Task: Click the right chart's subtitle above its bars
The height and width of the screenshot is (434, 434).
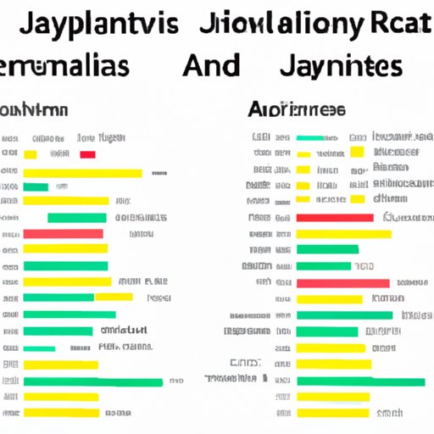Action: [x=297, y=109]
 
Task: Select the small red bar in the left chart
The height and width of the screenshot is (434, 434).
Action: [x=87, y=154]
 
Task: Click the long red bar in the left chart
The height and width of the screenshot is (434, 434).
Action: [x=64, y=233]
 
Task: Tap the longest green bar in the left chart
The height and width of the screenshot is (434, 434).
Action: [x=93, y=382]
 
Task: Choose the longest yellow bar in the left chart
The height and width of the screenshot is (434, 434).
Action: [x=82, y=173]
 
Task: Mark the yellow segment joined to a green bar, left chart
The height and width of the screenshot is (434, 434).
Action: [x=114, y=298]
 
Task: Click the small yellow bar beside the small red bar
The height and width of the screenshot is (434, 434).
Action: [x=31, y=154]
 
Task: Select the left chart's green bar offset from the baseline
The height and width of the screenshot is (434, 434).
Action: [x=76, y=218]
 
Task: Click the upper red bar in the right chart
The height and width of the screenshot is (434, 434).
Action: [x=335, y=218]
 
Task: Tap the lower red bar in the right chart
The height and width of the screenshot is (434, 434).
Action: [x=342, y=283]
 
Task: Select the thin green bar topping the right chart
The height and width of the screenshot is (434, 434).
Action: [x=310, y=137]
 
